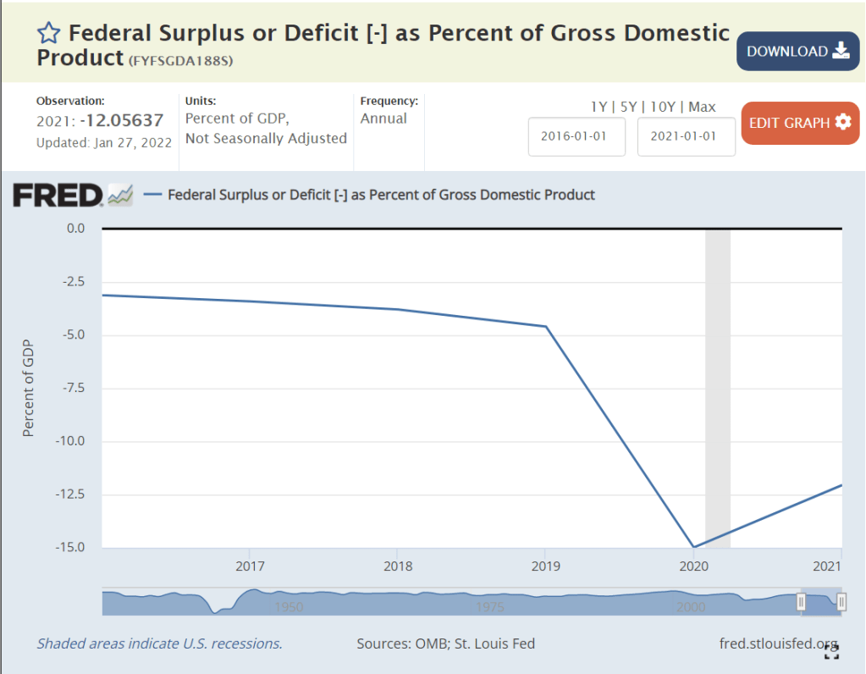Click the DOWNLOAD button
tap(797, 51)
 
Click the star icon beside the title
tap(49, 34)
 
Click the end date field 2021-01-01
tap(686, 136)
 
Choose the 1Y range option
tap(598, 107)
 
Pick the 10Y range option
tap(663, 107)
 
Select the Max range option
tap(702, 107)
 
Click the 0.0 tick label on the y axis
tap(75, 229)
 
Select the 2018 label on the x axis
tap(397, 565)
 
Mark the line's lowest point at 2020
tap(693, 548)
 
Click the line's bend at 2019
tap(546, 326)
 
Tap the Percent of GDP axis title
tap(28, 388)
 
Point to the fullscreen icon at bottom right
tap(832, 650)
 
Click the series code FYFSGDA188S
tap(180, 61)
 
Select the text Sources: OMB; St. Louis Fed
tap(445, 644)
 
